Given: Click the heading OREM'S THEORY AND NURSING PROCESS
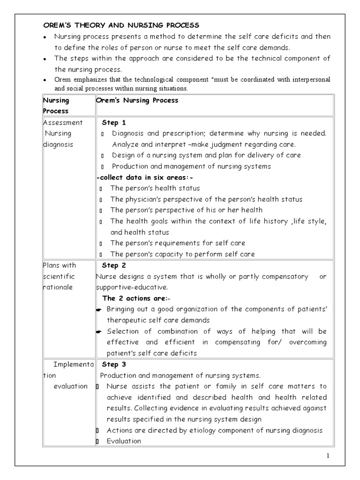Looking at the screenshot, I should click(x=121, y=25).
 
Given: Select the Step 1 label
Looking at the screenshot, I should click(x=114, y=123).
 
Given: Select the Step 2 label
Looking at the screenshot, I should click(x=114, y=266).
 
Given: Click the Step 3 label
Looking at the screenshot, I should click(x=114, y=364).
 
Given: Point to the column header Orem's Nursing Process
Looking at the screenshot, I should click(x=137, y=100).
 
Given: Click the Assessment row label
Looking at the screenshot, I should click(x=63, y=123).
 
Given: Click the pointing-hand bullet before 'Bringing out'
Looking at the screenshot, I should click(x=99, y=309).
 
